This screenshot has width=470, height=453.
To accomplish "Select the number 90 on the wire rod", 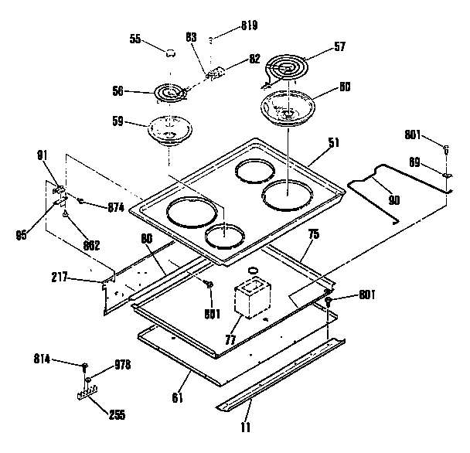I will point(393,199).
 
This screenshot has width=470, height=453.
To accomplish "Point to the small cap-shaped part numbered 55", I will point(169,51).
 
